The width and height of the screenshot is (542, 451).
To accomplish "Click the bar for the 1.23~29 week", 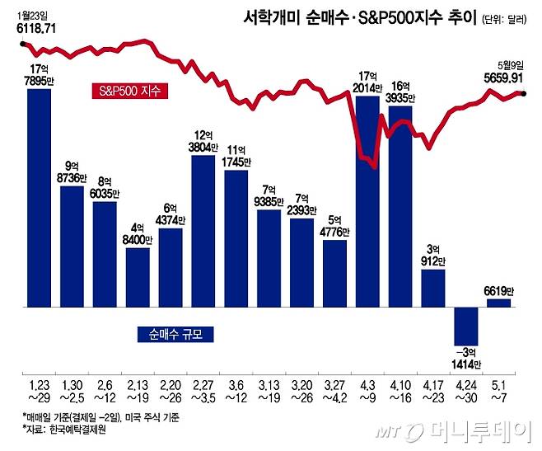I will pyautogui.click(x=40, y=198).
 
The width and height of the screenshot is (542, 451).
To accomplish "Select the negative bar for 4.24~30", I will pyautogui.click(x=466, y=326).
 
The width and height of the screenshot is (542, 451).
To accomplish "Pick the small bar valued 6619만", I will pyautogui.click(x=499, y=303).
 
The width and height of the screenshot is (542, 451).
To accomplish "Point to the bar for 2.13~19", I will pyautogui.click(x=138, y=277).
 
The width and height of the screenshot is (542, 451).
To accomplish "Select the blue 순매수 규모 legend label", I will pyautogui.click(x=171, y=334).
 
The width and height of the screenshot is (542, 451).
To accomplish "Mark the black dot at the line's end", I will pyautogui.click(x=525, y=93).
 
